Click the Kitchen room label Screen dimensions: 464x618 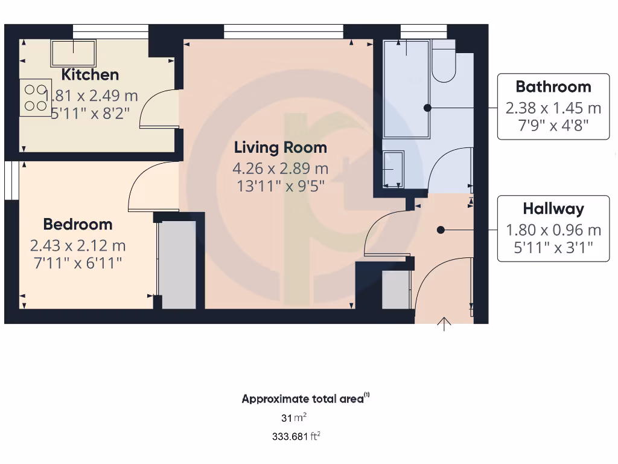(x=91, y=75)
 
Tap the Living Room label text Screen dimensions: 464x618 (x=281, y=147)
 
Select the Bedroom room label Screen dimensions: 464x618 (x=78, y=224)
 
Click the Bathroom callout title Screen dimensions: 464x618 (x=553, y=86)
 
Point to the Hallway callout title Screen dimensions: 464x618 (x=553, y=209)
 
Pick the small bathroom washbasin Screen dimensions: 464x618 (x=394, y=169)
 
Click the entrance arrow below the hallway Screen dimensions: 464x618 (x=445, y=324)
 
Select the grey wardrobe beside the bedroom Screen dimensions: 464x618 (x=177, y=265)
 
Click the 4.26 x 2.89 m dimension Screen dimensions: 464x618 (x=281, y=169)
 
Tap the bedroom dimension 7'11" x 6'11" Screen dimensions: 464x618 (x=78, y=263)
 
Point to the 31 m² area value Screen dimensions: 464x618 (x=294, y=417)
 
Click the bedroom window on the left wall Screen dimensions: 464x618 (x=10, y=179)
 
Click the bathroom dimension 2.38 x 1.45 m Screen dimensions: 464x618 (x=553, y=108)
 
